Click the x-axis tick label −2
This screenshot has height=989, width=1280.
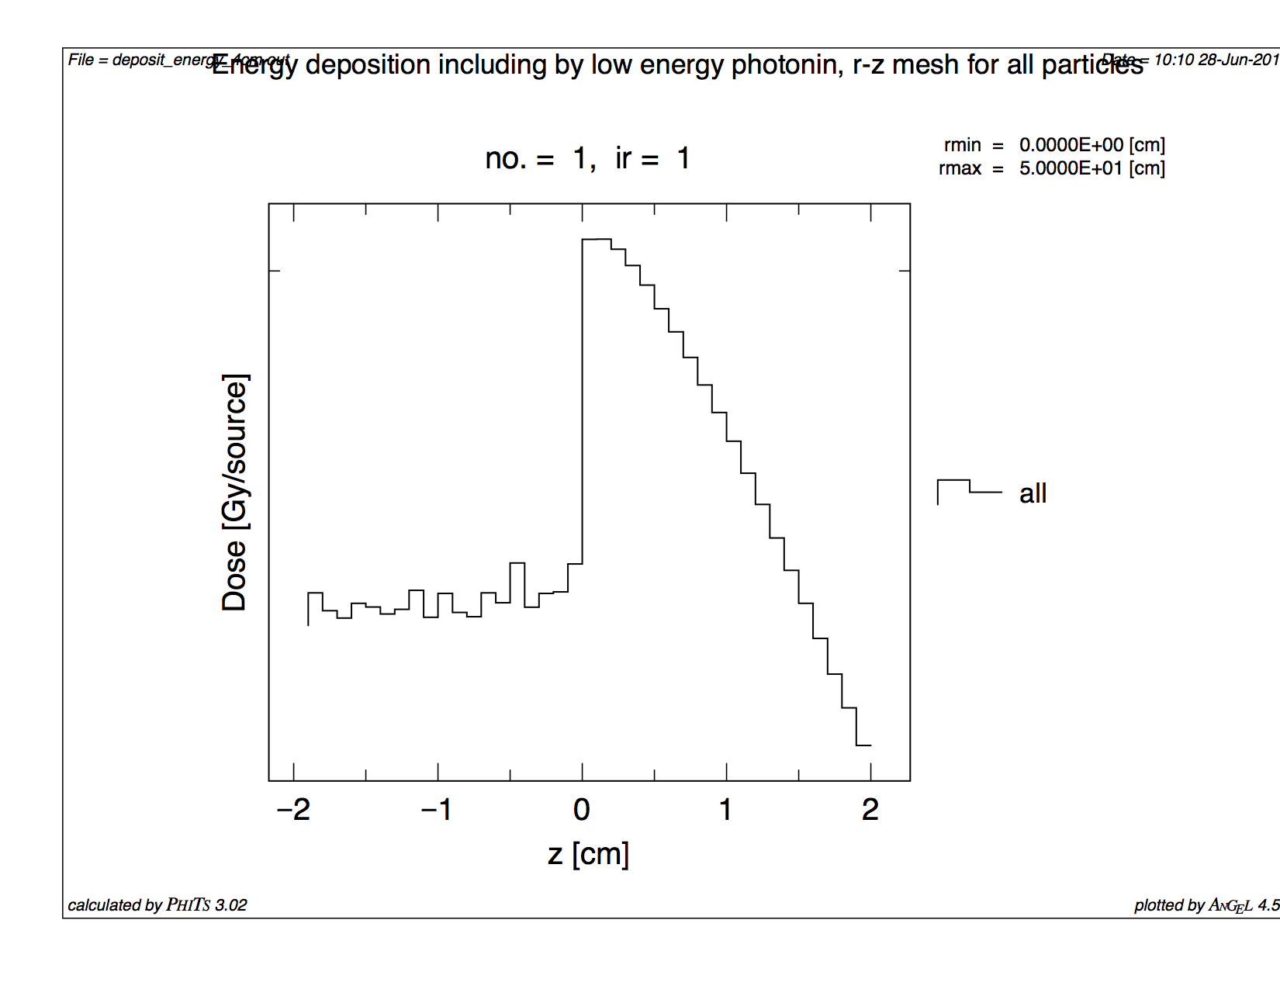(293, 810)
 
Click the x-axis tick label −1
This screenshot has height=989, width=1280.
(437, 810)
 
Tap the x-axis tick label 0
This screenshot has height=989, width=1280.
(582, 810)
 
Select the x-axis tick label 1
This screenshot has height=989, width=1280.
(726, 810)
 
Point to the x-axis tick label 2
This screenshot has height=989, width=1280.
(870, 810)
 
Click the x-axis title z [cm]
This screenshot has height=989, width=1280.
(588, 854)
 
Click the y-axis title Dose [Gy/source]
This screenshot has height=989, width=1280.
(234, 493)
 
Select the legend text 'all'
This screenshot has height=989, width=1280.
(1033, 493)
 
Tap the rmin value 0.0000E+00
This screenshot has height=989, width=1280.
(1071, 145)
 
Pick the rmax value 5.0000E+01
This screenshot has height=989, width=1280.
(1071, 168)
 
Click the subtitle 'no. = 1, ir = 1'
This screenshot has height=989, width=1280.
(587, 158)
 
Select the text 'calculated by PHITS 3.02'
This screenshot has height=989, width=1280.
(157, 904)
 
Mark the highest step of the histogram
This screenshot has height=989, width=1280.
(597, 240)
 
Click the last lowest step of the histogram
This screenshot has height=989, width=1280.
(863, 745)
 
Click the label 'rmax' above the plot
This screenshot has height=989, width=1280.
(960, 168)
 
